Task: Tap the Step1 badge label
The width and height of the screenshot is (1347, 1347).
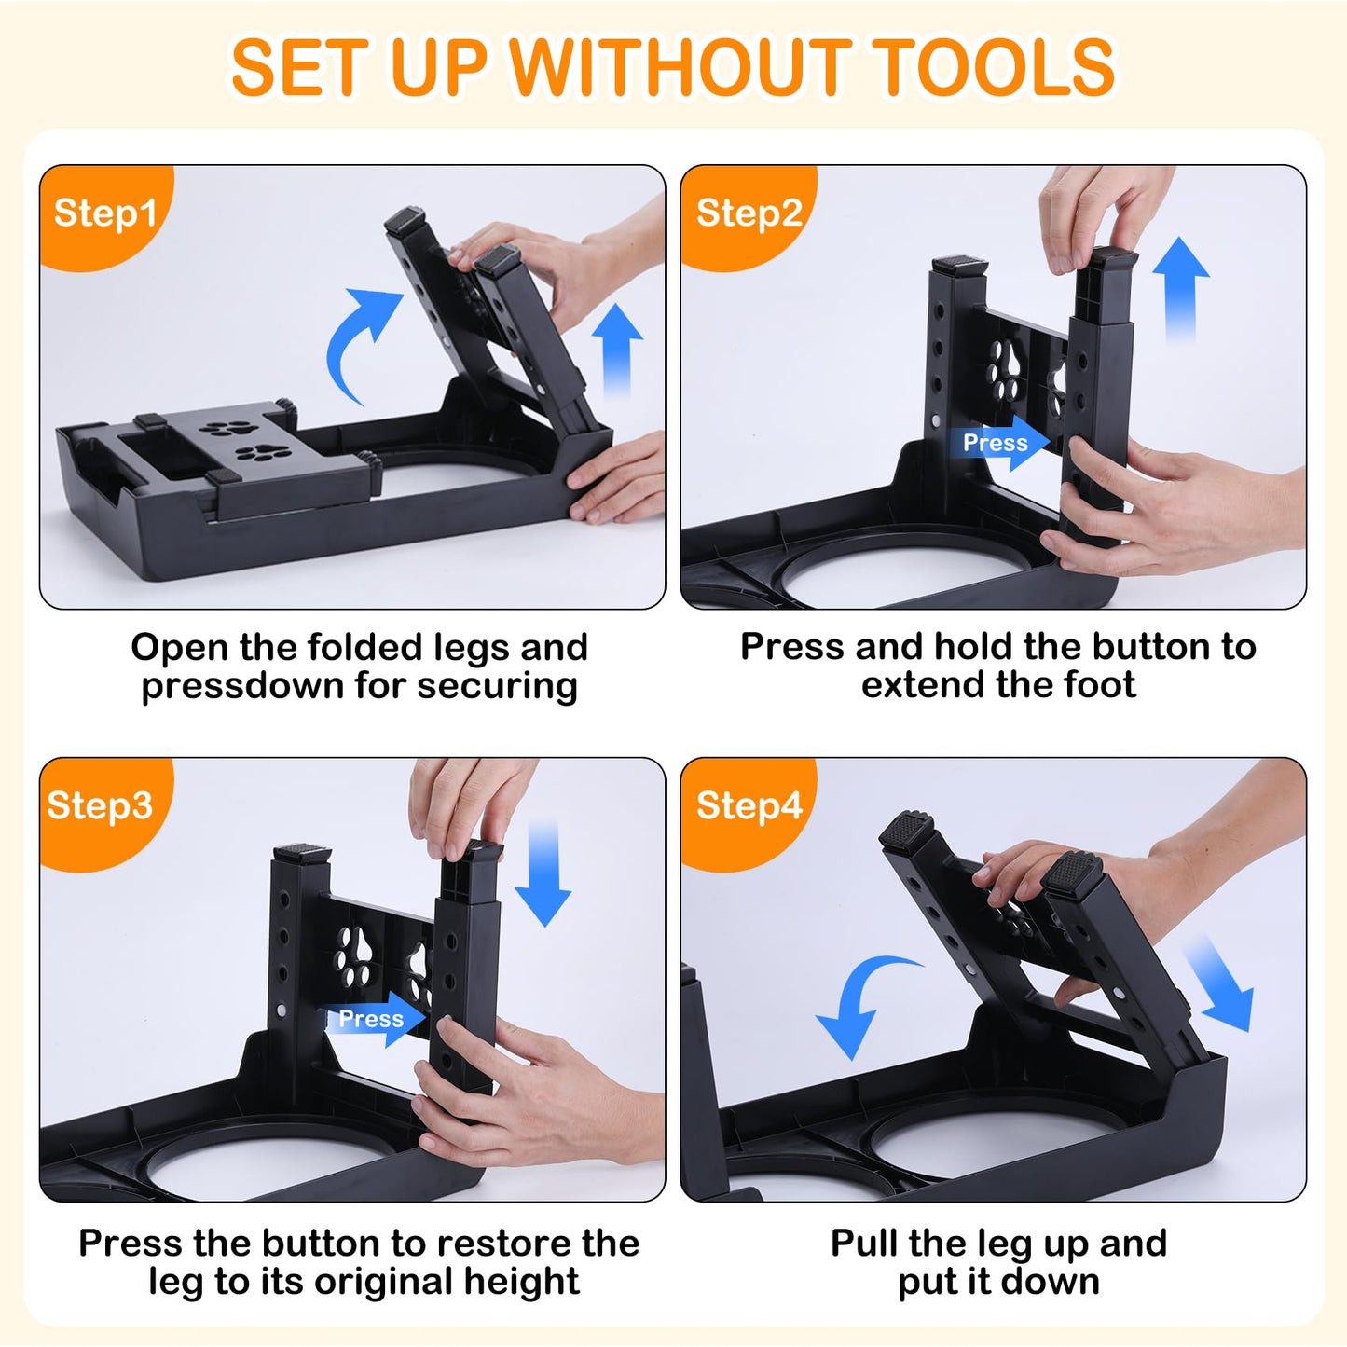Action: pyautogui.click(x=105, y=213)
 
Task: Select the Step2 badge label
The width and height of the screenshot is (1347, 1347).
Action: pyautogui.click(x=749, y=213)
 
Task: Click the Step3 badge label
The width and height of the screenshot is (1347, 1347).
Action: pyautogui.click(x=100, y=805)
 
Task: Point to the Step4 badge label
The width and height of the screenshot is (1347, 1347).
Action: pyautogui.click(x=749, y=805)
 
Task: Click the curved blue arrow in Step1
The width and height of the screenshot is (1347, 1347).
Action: pyautogui.click(x=359, y=340)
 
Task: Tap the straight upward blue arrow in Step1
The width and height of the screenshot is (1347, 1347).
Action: pyautogui.click(x=617, y=350)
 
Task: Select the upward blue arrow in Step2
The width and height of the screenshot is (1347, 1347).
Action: pyautogui.click(x=1180, y=289)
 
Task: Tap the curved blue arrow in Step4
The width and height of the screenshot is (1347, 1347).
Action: pyautogui.click(x=862, y=1002)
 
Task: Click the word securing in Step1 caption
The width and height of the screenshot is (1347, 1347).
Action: pyautogui.click(x=497, y=686)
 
